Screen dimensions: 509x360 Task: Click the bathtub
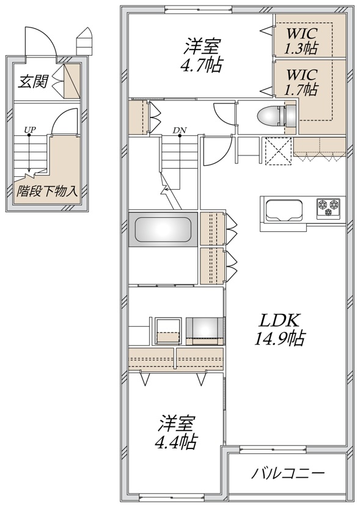tap(161, 229)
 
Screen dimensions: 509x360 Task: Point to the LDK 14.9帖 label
tap(280, 329)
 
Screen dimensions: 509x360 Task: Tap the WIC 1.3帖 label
tap(301, 38)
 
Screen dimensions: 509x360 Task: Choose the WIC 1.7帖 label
tap(301, 82)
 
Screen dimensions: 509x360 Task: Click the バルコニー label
tap(288, 473)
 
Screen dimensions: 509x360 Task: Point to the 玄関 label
tap(32, 81)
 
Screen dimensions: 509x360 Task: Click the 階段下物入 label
tap(47, 190)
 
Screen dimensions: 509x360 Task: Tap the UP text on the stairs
tap(28, 130)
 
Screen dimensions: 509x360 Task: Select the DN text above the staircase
tap(179, 130)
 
